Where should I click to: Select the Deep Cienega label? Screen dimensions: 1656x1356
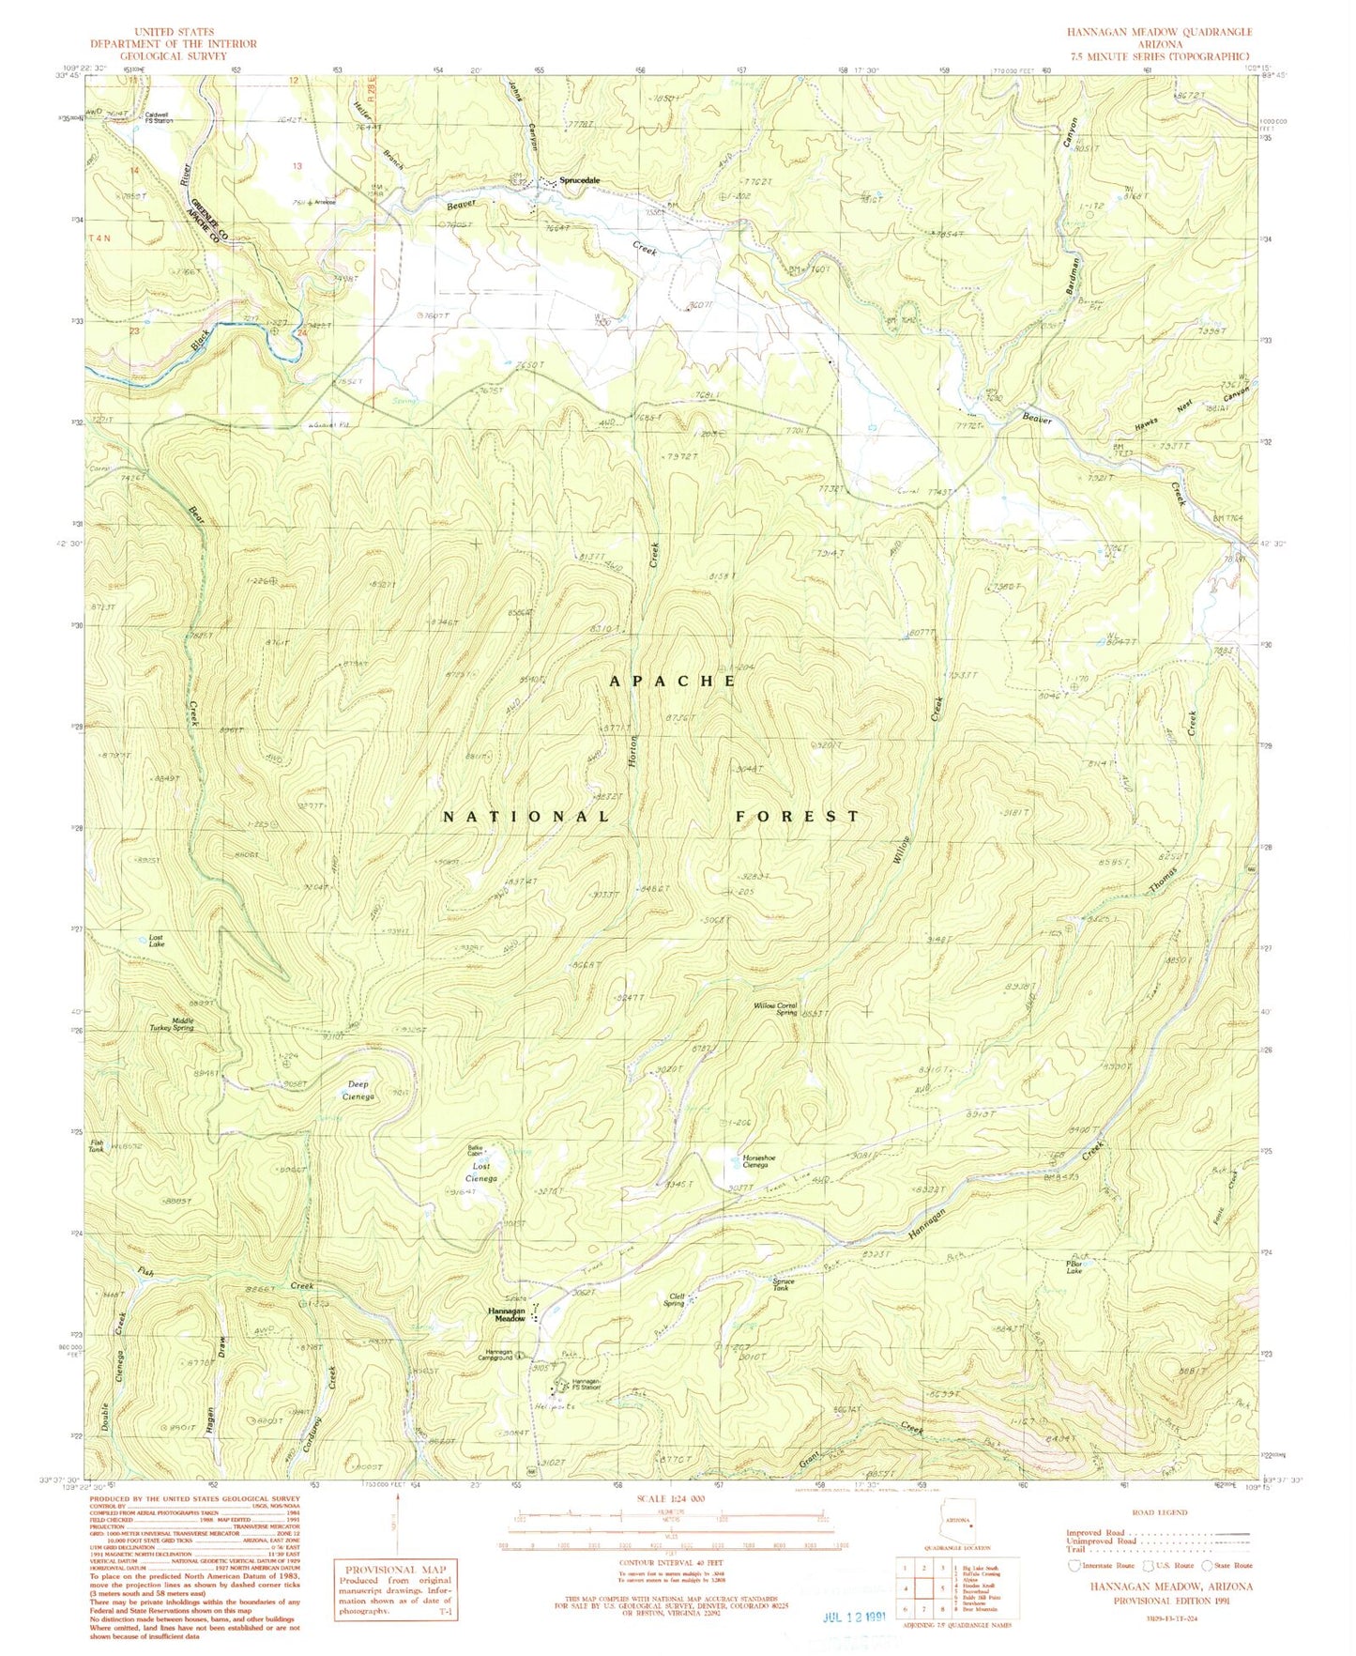(358, 1090)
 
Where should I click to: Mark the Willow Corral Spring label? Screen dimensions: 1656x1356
(775, 1008)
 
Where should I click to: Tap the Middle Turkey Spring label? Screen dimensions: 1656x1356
(170, 1024)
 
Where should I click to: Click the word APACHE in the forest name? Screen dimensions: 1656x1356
(673, 682)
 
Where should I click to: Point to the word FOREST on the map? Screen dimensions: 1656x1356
(796, 817)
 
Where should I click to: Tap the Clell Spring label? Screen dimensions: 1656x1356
(673, 1299)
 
